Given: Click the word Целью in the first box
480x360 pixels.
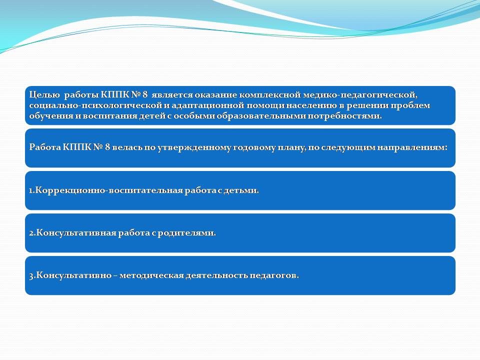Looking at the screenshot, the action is click(x=44, y=95).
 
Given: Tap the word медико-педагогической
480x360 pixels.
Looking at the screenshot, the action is click(x=360, y=95).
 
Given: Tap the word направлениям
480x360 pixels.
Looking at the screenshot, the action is click(x=412, y=147).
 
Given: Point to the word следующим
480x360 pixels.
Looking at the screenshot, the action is click(x=348, y=147).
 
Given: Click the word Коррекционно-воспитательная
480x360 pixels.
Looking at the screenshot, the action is click(x=108, y=190).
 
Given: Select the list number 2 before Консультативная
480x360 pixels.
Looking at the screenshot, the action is click(x=31, y=233).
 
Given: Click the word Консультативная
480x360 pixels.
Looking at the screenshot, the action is click(x=76, y=233).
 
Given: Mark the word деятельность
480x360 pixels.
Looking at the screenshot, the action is click(x=216, y=275).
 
